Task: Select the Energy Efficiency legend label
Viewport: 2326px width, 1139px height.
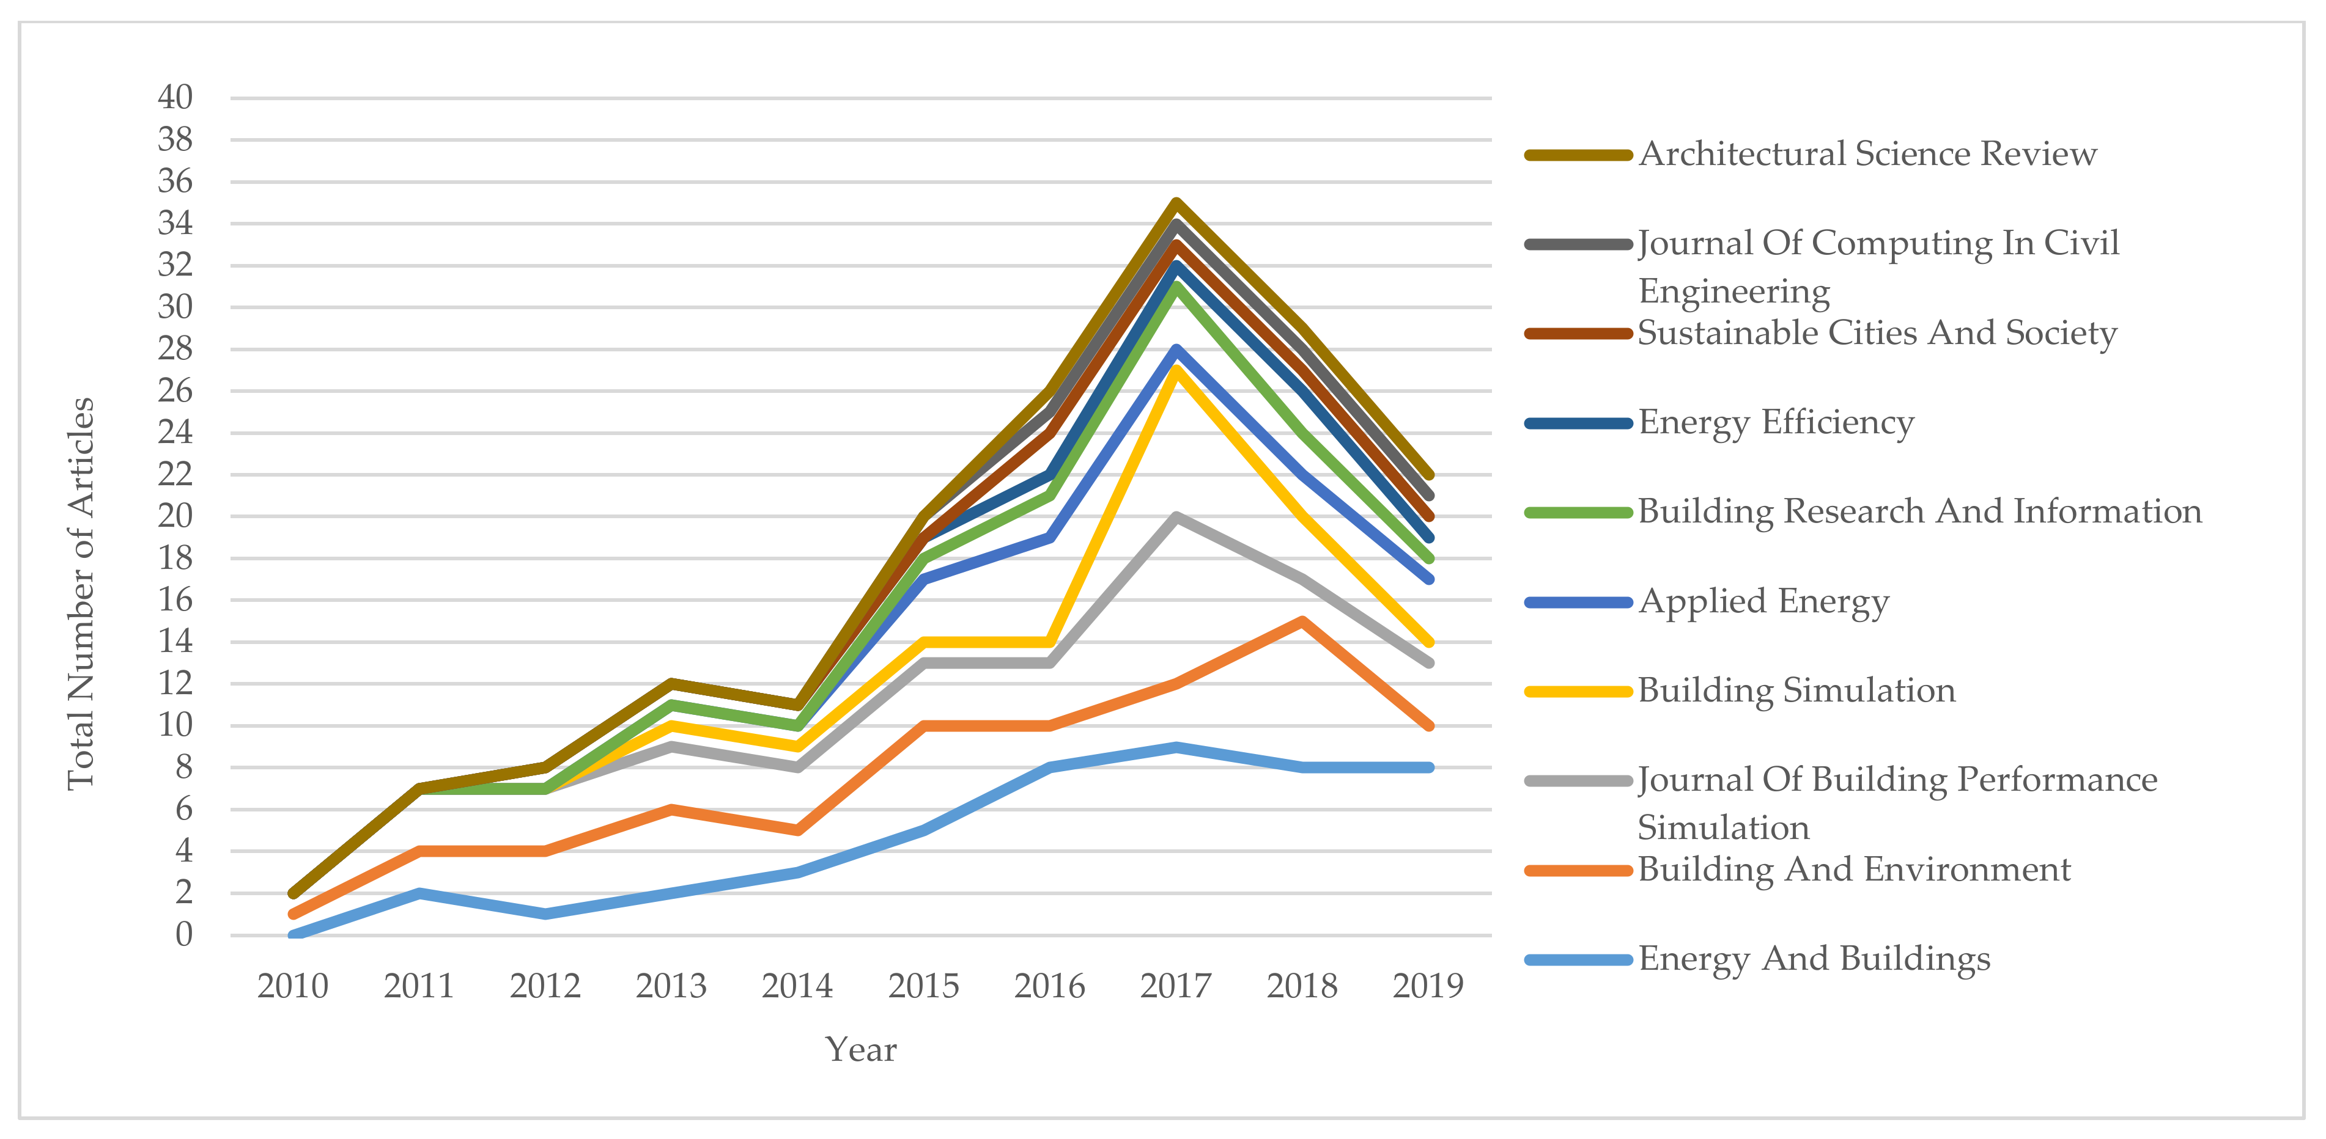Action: [1775, 422]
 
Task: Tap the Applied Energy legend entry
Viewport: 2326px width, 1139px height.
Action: [1763, 602]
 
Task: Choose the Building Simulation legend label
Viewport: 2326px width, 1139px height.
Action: [1796, 691]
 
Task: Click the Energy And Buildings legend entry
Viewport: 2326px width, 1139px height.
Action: [1813, 959]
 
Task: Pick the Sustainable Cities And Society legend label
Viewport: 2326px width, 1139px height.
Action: [1877, 333]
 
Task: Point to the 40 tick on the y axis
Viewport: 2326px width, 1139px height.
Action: [175, 97]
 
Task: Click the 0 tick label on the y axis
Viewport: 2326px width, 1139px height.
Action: [184, 935]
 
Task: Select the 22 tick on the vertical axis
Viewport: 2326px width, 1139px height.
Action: [175, 474]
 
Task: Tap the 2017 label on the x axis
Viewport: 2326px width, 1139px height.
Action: [1176, 986]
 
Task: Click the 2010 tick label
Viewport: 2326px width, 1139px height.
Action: [292, 986]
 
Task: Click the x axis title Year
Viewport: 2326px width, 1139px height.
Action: [860, 1050]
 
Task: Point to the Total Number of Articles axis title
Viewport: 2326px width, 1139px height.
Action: [81, 594]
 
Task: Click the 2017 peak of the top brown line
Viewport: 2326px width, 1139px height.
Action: [1176, 202]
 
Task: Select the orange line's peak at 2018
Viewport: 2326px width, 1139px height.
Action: [1302, 621]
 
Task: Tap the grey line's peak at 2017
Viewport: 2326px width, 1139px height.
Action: [1176, 516]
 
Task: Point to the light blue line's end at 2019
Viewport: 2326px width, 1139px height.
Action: [1428, 767]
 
